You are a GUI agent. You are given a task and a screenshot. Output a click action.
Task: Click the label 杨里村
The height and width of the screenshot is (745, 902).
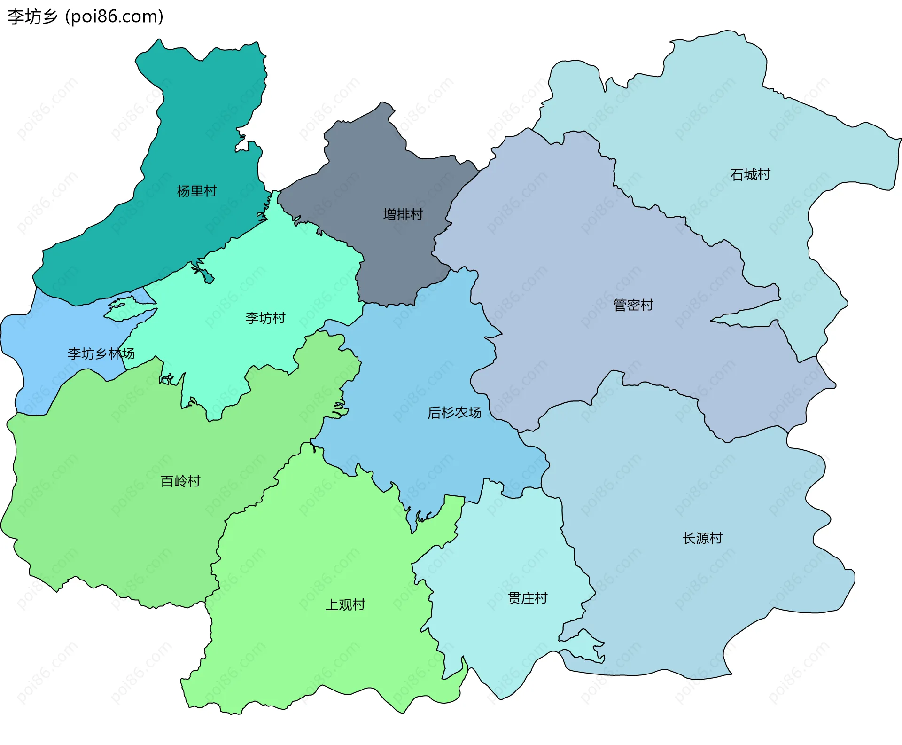(x=196, y=191)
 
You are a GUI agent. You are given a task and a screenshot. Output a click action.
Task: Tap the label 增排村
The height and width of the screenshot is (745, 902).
(x=403, y=215)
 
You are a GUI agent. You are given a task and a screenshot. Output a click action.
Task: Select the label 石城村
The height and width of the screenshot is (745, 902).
(x=750, y=175)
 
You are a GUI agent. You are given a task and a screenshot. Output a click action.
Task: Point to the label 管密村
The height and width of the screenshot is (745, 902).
(x=633, y=306)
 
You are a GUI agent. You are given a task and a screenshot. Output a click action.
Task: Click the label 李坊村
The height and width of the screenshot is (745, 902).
(x=265, y=318)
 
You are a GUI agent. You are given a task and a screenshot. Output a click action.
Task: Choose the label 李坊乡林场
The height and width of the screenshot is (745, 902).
(x=101, y=353)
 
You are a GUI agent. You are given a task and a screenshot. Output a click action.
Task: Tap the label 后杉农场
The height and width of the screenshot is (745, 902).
(x=454, y=413)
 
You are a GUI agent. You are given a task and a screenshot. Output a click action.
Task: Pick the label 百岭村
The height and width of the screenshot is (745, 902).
(x=180, y=481)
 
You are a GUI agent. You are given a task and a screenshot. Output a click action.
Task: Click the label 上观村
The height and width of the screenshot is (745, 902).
(x=345, y=605)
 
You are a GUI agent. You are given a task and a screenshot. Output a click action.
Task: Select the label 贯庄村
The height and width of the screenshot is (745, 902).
(x=528, y=598)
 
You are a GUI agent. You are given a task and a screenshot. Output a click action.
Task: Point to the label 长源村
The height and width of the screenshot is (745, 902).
(x=702, y=538)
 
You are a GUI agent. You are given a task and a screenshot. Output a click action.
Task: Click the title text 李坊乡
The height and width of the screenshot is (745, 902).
(x=32, y=17)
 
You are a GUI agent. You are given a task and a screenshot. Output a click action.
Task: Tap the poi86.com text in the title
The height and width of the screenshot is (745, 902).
(x=114, y=17)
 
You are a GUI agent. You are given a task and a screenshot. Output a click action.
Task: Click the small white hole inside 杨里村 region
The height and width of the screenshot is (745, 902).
(x=243, y=146)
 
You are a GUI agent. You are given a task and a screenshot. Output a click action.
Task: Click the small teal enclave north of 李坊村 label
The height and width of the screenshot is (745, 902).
(x=205, y=274)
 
